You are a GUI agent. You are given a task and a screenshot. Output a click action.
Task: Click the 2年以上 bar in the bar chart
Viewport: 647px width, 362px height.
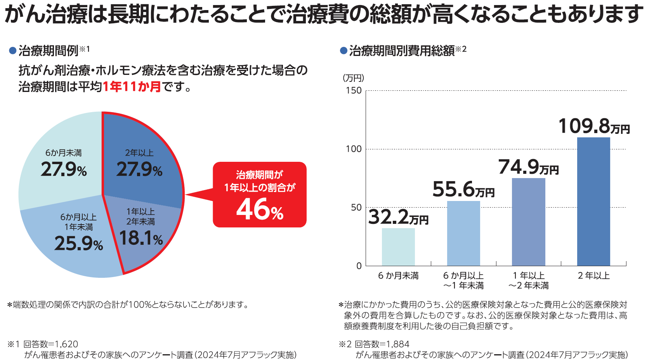pyautogui.click(x=593, y=202)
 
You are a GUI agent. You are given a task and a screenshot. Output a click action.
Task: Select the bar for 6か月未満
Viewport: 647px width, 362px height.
pyautogui.click(x=398, y=247)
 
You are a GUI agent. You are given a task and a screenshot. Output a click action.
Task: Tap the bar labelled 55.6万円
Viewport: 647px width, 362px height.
pyautogui.click(x=463, y=233)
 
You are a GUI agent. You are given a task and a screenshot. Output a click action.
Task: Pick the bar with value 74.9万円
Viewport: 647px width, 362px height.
pyautogui.click(x=528, y=222)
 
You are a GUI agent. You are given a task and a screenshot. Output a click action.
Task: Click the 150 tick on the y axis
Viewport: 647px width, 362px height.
pyautogui.click(x=354, y=91)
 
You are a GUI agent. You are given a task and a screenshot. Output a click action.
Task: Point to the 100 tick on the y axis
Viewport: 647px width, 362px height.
pyautogui.click(x=354, y=149)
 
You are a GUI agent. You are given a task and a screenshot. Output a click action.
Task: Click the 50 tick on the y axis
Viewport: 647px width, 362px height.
pyautogui.click(x=356, y=208)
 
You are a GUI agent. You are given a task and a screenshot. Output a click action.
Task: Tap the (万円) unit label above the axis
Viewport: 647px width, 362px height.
pyautogui.click(x=353, y=78)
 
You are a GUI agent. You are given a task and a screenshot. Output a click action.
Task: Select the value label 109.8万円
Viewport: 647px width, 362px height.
pyautogui.click(x=593, y=126)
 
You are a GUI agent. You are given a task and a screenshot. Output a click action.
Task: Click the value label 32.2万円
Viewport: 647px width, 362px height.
pyautogui.click(x=398, y=217)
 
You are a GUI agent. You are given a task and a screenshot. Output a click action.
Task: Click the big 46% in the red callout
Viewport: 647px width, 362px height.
pyautogui.click(x=260, y=209)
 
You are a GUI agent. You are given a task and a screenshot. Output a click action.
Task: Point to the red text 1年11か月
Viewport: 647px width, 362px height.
pyautogui.click(x=132, y=87)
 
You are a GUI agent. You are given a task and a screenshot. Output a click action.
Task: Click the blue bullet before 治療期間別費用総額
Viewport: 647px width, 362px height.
pyautogui.click(x=343, y=51)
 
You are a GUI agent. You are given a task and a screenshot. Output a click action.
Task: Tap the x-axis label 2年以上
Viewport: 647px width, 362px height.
pyautogui.click(x=593, y=276)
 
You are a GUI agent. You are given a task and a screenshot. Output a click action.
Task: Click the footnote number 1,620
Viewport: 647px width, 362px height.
pyautogui.click(x=66, y=344)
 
